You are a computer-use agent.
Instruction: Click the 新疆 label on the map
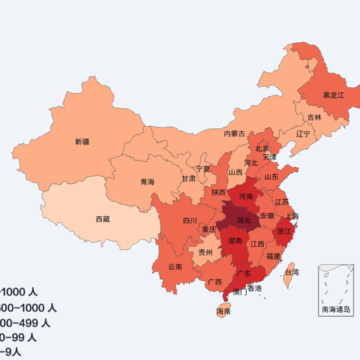click(x=81, y=141)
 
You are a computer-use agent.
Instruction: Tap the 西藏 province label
click(x=103, y=219)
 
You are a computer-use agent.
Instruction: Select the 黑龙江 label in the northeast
click(x=333, y=95)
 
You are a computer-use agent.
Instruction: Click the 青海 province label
click(x=147, y=181)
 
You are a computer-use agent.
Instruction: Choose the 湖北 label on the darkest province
click(x=244, y=220)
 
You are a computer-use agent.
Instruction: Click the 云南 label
click(x=175, y=265)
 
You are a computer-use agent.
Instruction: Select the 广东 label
click(x=244, y=274)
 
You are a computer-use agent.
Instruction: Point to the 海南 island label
click(x=223, y=310)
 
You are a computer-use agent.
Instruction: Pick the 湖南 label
click(x=235, y=241)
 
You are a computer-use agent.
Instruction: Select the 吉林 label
click(x=313, y=118)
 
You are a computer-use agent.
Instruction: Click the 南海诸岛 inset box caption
click(x=335, y=309)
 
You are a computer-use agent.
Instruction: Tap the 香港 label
click(x=255, y=288)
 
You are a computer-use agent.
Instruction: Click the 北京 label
click(x=261, y=148)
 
